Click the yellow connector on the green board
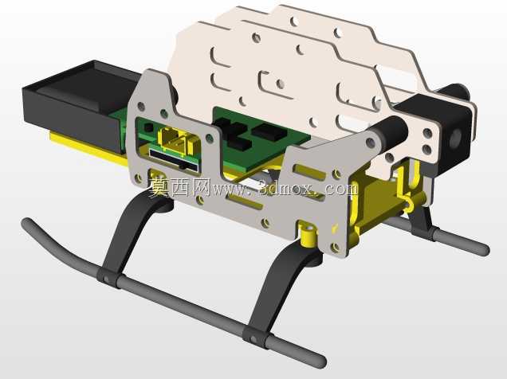coord(177,141)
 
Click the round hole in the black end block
coord(457,138)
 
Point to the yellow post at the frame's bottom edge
coord(308,234)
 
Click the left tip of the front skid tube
coord(26,223)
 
